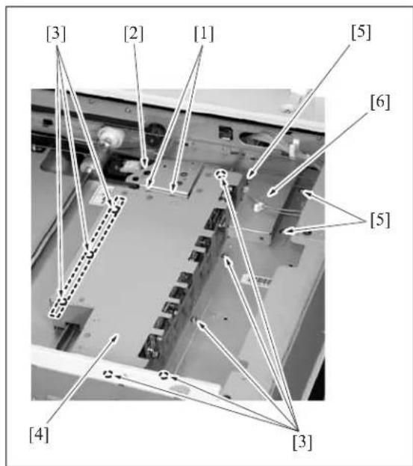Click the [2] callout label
coord(134,34)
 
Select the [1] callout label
coord(204,34)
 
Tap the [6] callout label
coord(380,102)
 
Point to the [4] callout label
coord(39,435)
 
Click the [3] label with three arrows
coord(56,34)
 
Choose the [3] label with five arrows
coord(302,442)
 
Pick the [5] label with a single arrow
coord(361,32)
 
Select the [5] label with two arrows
coord(380,220)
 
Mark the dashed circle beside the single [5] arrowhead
coord(221,174)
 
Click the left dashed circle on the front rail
coord(108,374)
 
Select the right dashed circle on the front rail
coord(163,375)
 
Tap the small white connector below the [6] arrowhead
coord(258,206)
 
